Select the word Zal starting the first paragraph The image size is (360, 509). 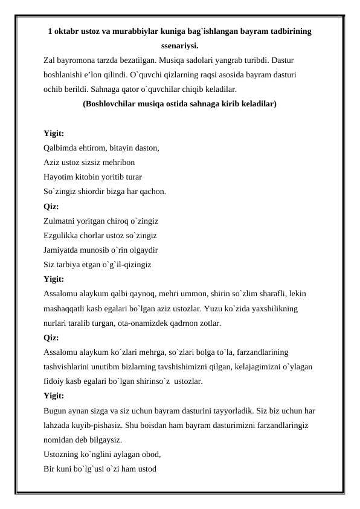50,60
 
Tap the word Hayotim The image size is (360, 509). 59,177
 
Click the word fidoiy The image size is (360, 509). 54,381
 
